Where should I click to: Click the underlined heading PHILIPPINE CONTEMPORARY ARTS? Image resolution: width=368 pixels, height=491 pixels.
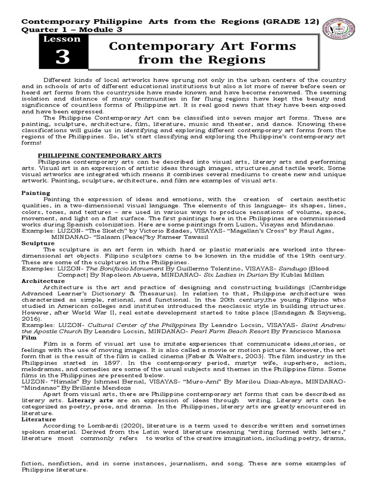tap(100, 155)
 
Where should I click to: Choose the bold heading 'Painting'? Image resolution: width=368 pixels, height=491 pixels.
tap(36, 192)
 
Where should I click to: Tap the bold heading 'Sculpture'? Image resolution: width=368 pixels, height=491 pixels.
tap(38, 243)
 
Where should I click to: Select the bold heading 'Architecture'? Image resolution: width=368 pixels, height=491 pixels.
tap(43, 281)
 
